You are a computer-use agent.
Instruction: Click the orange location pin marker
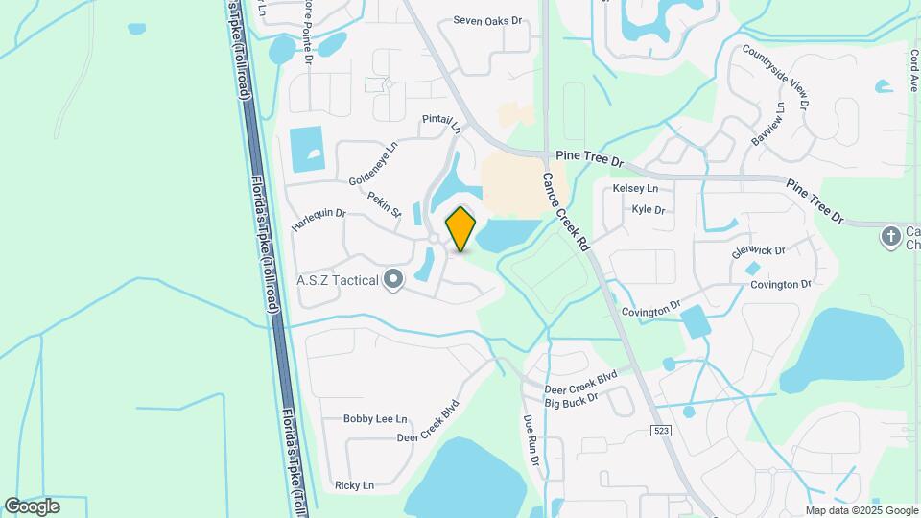[x=461, y=228]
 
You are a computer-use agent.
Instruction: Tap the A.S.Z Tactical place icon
[x=392, y=280]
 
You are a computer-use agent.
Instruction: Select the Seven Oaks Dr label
[x=486, y=19]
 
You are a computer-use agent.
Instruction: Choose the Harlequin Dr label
[x=319, y=220]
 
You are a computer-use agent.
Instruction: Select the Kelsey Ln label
[x=635, y=188]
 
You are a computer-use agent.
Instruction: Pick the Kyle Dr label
[x=649, y=209]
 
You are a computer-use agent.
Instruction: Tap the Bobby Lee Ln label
[x=376, y=419]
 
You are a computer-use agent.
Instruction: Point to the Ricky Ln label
[x=354, y=485]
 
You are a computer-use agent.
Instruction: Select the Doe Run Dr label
[x=531, y=439]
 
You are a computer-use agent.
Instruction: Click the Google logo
[x=32, y=506]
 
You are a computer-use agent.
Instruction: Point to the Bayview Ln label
[x=768, y=123]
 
